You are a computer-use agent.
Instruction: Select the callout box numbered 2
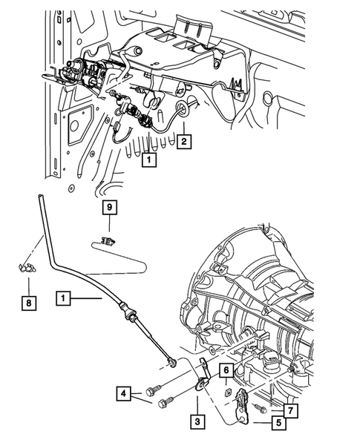pyautogui.click(x=184, y=140)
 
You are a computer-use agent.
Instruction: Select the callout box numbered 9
pyautogui.click(x=108, y=208)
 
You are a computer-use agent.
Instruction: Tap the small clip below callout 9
pyautogui.click(x=108, y=240)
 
